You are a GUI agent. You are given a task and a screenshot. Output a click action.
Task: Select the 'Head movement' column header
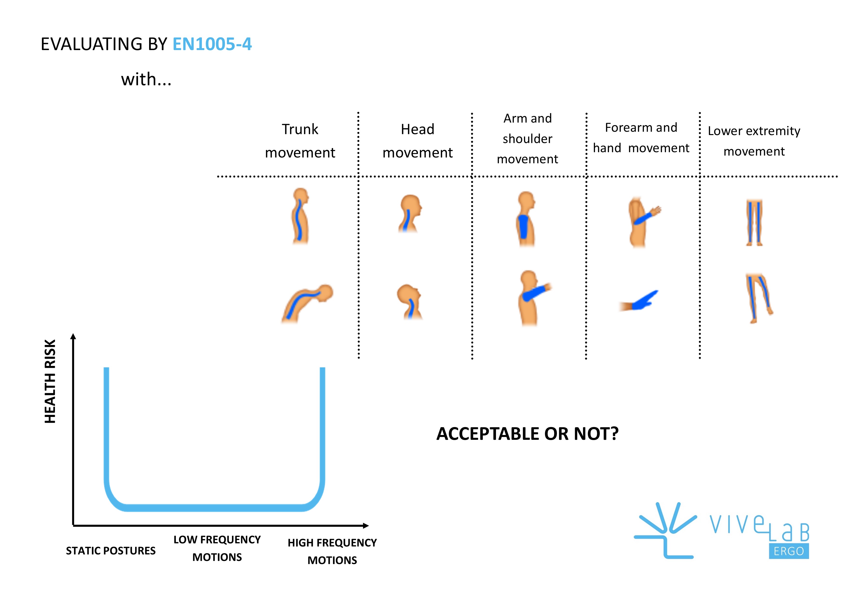point(417,141)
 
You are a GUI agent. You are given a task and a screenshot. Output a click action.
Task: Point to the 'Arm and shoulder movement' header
point(527,139)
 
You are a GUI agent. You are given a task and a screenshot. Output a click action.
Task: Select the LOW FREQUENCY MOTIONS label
point(217,548)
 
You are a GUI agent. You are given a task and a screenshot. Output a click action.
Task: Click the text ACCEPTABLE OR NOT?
point(527,434)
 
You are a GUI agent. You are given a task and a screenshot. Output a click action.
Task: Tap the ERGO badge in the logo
point(788,551)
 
